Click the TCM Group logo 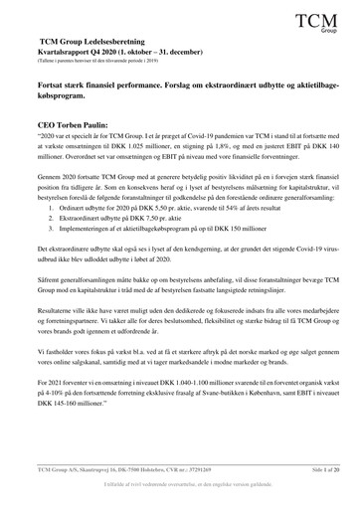(x=321, y=20)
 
